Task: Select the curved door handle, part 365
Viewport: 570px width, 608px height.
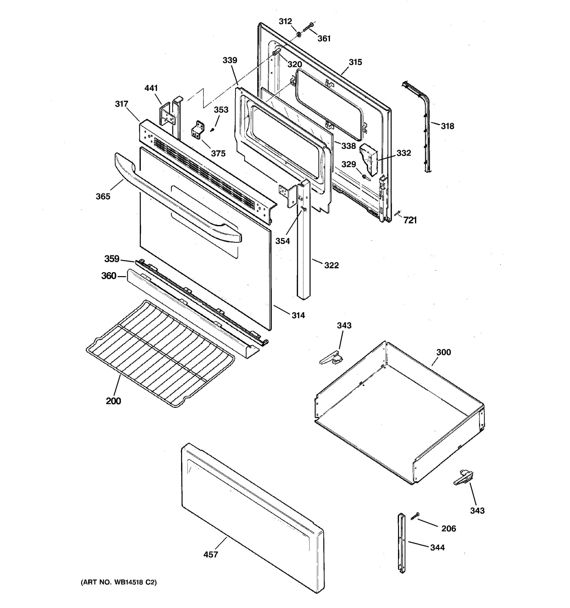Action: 177,202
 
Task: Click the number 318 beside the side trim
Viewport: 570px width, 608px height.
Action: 447,126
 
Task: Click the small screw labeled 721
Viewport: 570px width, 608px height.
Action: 397,213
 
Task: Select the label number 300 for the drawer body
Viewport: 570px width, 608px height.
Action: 443,352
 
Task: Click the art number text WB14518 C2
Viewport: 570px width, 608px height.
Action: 119,582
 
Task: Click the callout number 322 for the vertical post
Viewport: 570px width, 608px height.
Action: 331,265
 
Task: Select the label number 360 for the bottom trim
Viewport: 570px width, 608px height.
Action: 109,276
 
